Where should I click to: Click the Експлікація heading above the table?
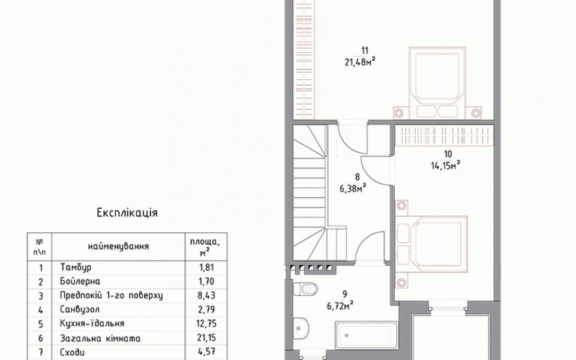pos(127,213)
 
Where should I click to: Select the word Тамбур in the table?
pos(76,267)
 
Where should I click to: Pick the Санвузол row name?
pos(80,310)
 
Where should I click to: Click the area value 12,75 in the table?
pos(207,323)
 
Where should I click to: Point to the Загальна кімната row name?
pos(100,338)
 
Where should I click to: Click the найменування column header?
pos(118,246)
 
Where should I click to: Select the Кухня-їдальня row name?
pos(92,323)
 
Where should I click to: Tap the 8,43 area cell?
pos(207,295)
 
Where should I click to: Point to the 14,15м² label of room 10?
pos(446,166)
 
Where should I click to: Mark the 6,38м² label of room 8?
pos(353,188)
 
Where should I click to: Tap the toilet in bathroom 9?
pos(305,289)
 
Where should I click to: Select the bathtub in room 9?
pos(366,336)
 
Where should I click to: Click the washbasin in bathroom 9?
pos(302,326)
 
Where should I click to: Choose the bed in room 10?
pos(431,244)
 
